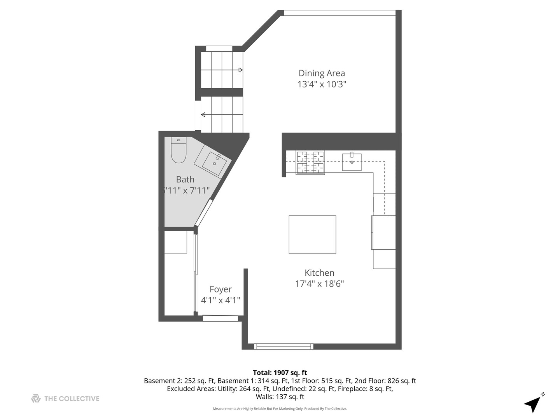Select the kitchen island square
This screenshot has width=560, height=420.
tap(312, 234)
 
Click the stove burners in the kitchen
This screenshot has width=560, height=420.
tap(310, 162)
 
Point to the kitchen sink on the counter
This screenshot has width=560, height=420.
tap(352, 162)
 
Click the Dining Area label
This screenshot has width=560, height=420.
tap(322, 73)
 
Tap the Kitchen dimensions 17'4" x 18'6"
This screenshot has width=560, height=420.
tap(319, 284)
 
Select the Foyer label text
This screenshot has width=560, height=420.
tap(220, 289)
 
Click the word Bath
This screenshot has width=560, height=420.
tap(185, 180)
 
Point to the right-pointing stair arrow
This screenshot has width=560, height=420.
tap(240, 70)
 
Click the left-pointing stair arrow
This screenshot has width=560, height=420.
tap(203, 115)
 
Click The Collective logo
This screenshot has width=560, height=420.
tap(65, 399)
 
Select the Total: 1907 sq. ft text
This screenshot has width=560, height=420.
tap(280, 373)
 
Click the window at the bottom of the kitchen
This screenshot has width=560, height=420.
tap(283, 346)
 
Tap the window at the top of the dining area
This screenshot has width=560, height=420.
tap(339, 13)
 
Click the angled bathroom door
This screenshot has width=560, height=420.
tap(204, 213)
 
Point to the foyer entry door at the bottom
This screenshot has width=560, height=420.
tap(220, 318)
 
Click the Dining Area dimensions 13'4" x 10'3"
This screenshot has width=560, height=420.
tap(322, 84)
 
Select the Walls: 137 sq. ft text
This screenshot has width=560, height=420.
tap(280, 397)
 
